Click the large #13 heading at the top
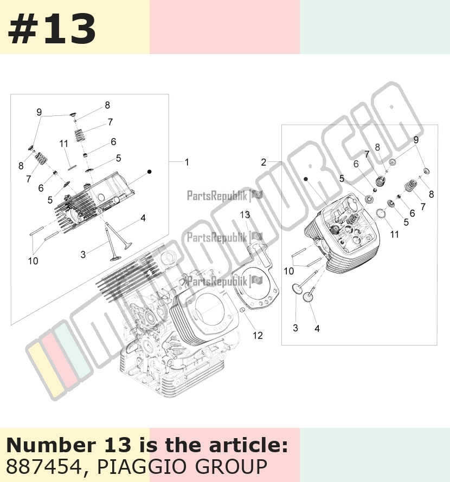[52, 29]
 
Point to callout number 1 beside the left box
[187, 162]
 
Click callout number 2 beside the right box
[263, 162]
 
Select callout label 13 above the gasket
[245, 214]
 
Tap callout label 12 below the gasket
[258, 335]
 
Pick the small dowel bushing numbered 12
[242, 309]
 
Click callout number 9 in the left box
[39, 112]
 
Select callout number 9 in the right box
[416, 140]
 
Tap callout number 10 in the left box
[33, 261]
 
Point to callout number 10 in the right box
[288, 271]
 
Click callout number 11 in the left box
[64, 144]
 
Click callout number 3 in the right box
[295, 328]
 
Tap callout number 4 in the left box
[143, 218]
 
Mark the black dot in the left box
[150, 172]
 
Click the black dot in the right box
[306, 179]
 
